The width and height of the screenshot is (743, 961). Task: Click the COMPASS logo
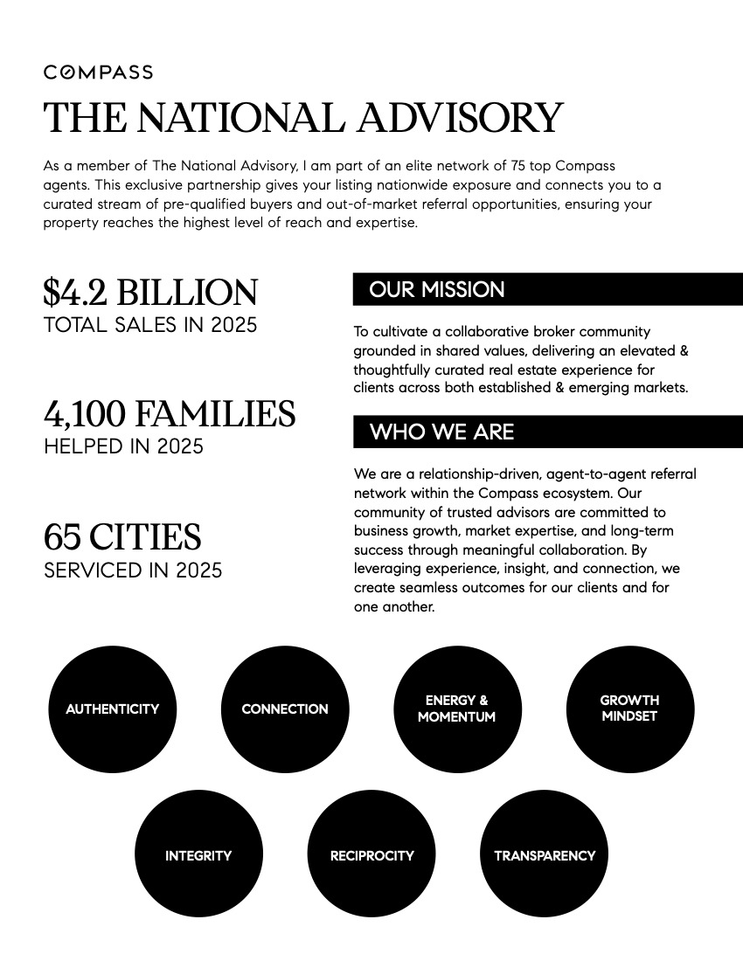coord(98,73)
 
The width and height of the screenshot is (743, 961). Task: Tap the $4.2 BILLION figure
coord(150,293)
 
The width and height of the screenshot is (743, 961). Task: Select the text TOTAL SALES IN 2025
coord(150,325)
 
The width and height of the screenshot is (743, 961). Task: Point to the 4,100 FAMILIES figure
coord(170,413)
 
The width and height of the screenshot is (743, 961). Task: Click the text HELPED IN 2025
coord(123,446)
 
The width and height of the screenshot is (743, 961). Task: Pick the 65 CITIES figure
coord(122,536)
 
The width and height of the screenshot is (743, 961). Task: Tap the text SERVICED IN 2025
coord(133,570)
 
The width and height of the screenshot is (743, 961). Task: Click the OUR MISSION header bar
coord(547,289)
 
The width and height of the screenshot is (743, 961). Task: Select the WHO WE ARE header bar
coord(547,432)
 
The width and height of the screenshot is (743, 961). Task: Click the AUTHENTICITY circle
coord(112,709)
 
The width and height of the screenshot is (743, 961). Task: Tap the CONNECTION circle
coord(285,709)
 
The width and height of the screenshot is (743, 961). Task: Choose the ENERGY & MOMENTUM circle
coord(457,709)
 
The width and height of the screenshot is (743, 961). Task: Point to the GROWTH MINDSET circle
coord(630,709)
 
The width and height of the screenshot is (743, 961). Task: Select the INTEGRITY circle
coord(198,855)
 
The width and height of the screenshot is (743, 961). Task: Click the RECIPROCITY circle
coord(371,855)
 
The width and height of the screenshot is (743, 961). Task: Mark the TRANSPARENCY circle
coord(545,855)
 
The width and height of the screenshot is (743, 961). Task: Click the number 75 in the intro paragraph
coord(483,165)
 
